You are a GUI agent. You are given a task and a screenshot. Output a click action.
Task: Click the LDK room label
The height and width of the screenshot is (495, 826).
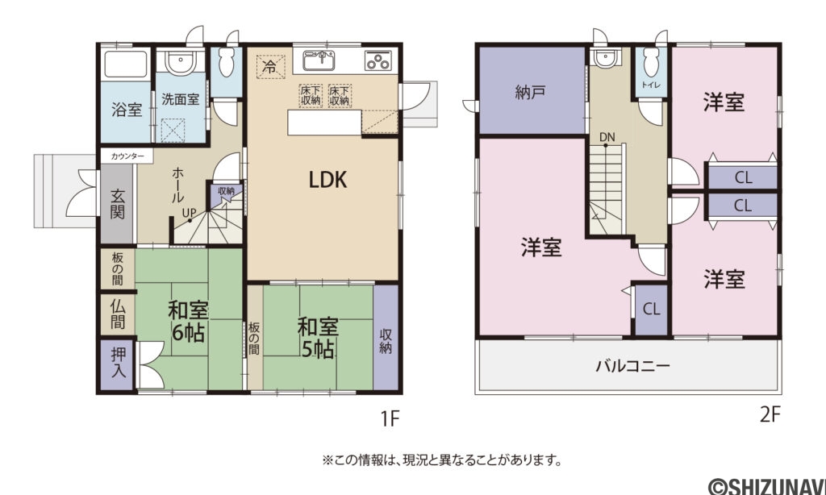(x=328, y=179)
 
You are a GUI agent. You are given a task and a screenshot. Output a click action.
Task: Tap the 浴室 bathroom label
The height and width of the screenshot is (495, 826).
(x=127, y=110)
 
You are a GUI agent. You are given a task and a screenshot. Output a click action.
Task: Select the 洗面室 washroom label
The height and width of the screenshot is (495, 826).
(x=181, y=101)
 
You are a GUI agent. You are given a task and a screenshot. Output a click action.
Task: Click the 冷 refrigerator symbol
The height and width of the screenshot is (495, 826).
(x=270, y=66)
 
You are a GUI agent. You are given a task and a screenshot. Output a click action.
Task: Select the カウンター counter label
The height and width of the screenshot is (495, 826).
(x=127, y=156)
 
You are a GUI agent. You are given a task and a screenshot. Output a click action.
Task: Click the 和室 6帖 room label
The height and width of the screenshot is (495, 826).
(x=188, y=321)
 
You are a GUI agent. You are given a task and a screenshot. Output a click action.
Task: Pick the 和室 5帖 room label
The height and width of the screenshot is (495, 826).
(x=317, y=338)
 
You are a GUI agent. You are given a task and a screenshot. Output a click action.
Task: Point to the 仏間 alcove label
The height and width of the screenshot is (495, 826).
(x=118, y=314)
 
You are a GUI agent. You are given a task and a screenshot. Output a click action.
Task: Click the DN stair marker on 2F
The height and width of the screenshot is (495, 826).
(x=607, y=137)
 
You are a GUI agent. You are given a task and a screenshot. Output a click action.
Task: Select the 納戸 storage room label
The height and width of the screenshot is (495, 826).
(x=530, y=92)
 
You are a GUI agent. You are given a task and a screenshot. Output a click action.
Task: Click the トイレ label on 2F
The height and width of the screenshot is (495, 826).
(x=649, y=84)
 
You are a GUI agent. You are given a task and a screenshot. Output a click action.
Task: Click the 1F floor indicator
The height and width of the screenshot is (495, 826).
(x=390, y=418)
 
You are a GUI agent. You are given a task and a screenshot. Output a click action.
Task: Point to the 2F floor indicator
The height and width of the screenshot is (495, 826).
(x=770, y=415)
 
